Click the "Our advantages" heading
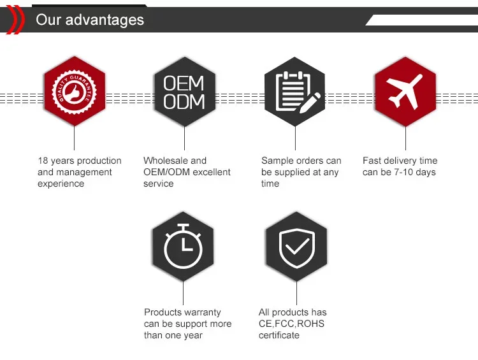click(x=90, y=20)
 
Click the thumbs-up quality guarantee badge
click(x=75, y=92)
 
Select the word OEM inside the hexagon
click(x=184, y=83)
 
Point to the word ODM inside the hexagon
click(x=184, y=101)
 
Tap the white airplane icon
click(x=404, y=91)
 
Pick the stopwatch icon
click(x=183, y=247)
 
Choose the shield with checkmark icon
click(x=297, y=248)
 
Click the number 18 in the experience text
click(x=43, y=161)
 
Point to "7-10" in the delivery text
click(x=403, y=172)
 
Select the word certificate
click(x=279, y=335)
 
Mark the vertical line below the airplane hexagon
click(x=405, y=138)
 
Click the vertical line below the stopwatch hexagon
click(x=183, y=293)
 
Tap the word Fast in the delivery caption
click(x=370, y=161)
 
